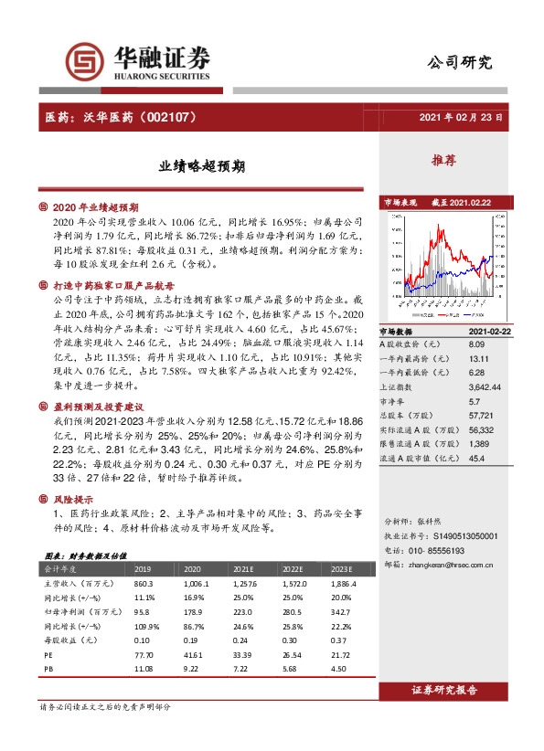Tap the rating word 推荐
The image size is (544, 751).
(444, 161)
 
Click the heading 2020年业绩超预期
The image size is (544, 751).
(96, 207)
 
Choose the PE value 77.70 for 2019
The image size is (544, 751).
(143, 655)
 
